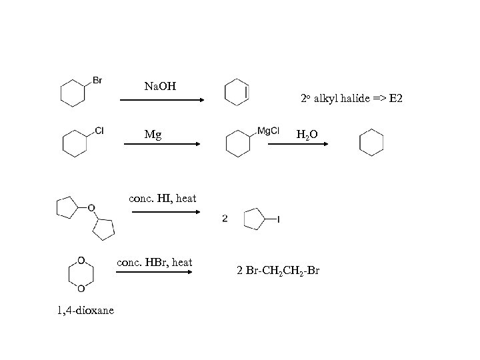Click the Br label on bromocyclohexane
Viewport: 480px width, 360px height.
(x=97, y=81)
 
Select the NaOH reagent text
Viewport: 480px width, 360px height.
(x=161, y=87)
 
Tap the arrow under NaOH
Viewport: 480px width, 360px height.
(x=161, y=100)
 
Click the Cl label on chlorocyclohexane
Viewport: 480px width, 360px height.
(x=99, y=131)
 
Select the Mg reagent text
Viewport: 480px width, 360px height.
(x=153, y=135)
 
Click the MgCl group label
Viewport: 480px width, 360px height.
(x=268, y=131)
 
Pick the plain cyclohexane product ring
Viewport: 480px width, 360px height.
(x=371, y=143)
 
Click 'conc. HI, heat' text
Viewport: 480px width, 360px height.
(x=163, y=199)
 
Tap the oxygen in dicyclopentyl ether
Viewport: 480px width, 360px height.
(x=92, y=207)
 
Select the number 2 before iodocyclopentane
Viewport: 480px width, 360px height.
(x=225, y=218)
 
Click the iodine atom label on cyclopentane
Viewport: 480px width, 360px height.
(x=278, y=219)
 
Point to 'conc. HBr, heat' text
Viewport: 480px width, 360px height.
(x=155, y=263)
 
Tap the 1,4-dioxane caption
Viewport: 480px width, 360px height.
(x=85, y=310)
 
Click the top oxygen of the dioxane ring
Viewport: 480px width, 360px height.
(x=81, y=260)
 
